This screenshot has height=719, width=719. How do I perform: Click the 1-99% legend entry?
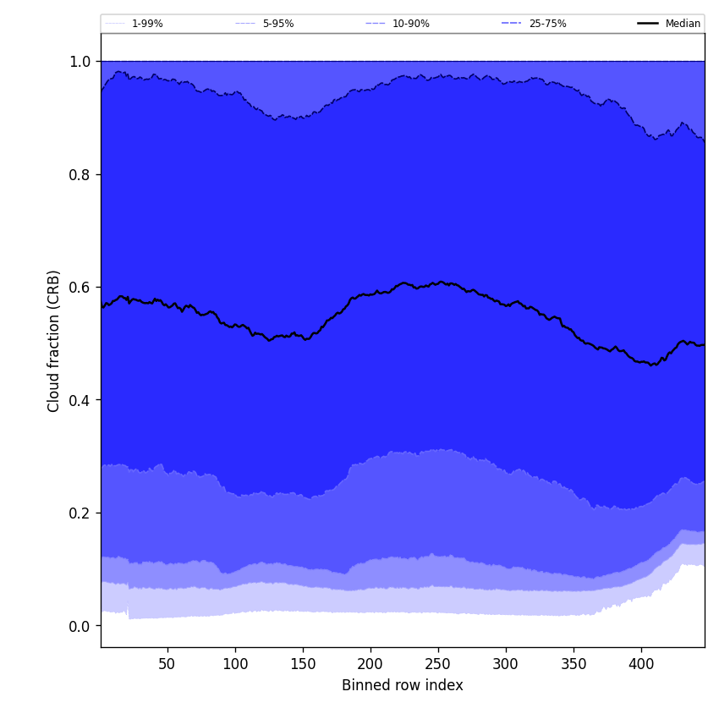pyautogui.click(x=146, y=24)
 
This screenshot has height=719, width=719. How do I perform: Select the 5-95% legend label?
pyautogui.click(x=277, y=24)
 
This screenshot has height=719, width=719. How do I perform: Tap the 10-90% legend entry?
pyautogui.click(x=410, y=24)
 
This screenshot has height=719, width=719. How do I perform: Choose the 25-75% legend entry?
pyautogui.click(x=547, y=24)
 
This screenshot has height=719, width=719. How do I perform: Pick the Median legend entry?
pyautogui.click(x=682, y=24)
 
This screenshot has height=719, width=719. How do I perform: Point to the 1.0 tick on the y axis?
pyautogui.click(x=80, y=62)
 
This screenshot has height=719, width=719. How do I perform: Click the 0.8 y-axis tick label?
pyautogui.click(x=80, y=174)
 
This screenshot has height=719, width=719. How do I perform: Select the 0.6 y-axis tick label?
pyautogui.click(x=80, y=288)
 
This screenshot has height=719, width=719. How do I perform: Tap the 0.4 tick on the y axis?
pyautogui.click(x=80, y=400)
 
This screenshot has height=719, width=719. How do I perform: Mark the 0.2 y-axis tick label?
pyautogui.click(x=80, y=513)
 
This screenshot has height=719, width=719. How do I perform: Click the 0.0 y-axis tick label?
pyautogui.click(x=80, y=626)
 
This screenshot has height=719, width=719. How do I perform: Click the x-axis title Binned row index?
pyautogui.click(x=403, y=685)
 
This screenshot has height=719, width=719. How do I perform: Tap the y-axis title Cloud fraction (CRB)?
pyautogui.click(x=54, y=341)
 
